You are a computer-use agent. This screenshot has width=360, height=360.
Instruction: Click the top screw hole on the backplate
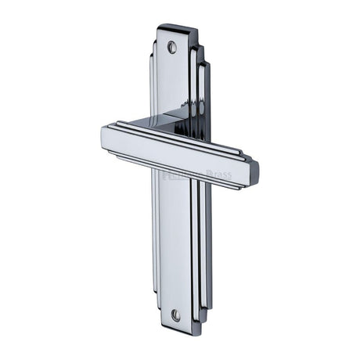coord(172,47)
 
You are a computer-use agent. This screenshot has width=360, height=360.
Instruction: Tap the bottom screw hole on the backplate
coord(175,315)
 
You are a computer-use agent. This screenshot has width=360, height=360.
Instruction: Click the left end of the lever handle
coord(106,139)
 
